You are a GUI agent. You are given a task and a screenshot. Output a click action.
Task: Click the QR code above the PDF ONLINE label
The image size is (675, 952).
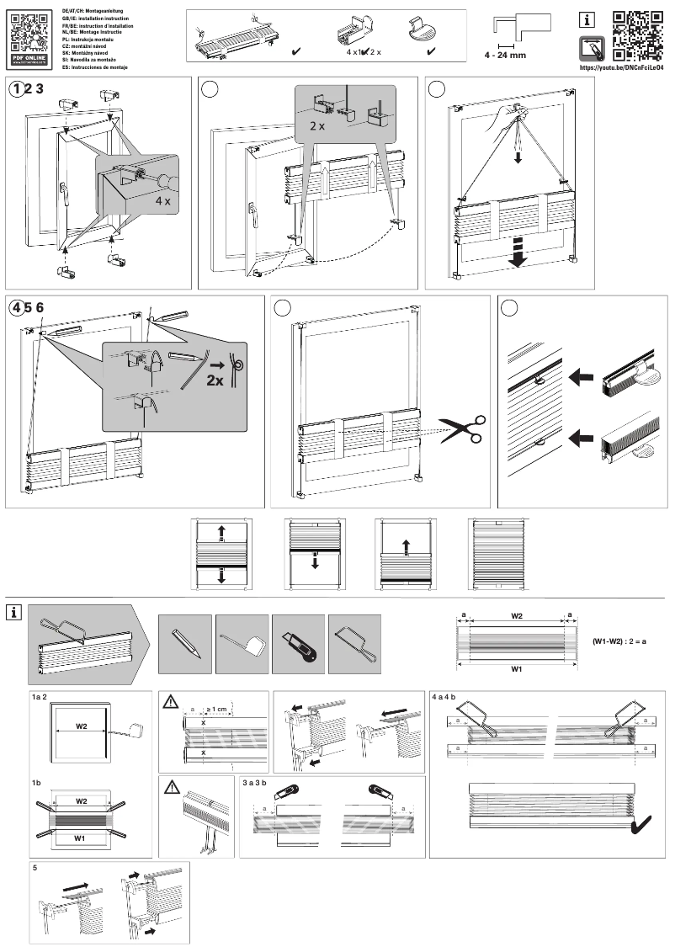29,28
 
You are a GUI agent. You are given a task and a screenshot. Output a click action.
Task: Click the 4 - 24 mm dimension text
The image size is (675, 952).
505,55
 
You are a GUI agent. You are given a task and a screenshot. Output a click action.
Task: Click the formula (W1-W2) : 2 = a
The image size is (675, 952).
624,641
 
